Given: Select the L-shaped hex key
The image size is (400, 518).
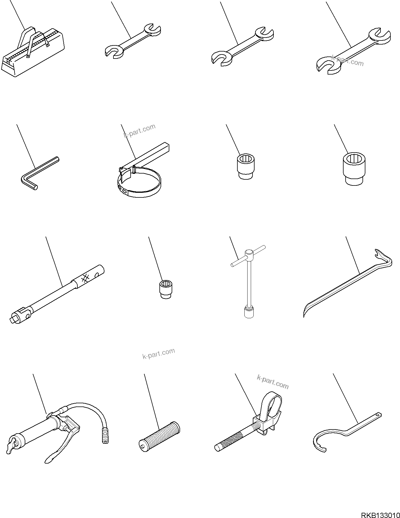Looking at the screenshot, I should (x=35, y=175).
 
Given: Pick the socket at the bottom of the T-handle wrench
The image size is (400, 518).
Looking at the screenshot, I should (x=248, y=312).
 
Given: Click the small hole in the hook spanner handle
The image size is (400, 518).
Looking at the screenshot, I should (x=378, y=415).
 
